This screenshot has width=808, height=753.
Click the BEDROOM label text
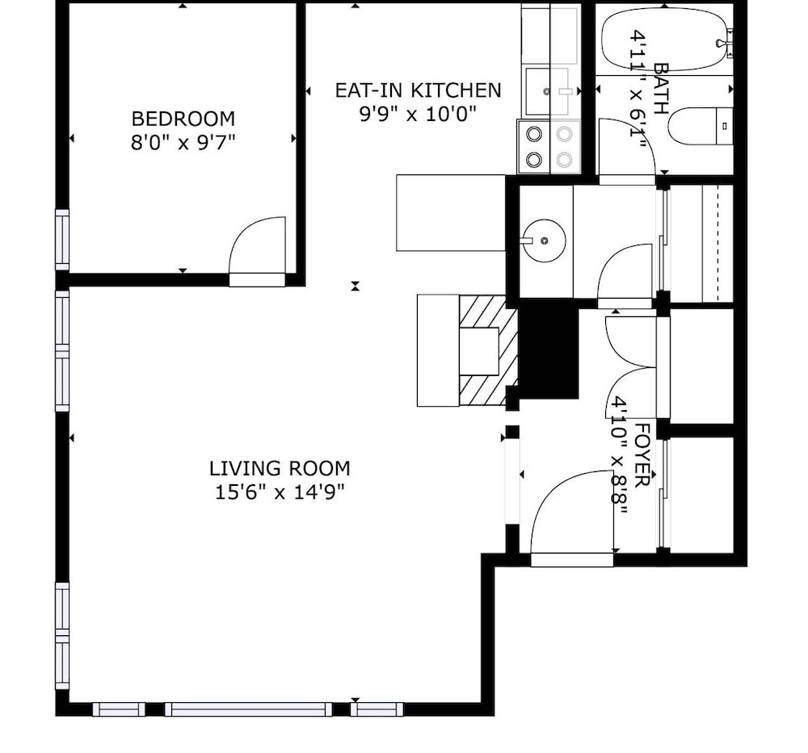pyautogui.click(x=183, y=119)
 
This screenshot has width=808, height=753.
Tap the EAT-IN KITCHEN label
pyautogui.click(x=418, y=90)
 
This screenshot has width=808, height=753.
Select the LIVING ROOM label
pyautogui.click(x=280, y=469)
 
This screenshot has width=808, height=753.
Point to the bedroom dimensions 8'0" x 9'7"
pyautogui.click(x=183, y=142)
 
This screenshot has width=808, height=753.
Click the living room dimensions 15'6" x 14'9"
pyautogui.click(x=280, y=492)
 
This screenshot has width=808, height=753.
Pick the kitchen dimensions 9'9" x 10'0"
pyautogui.click(x=418, y=114)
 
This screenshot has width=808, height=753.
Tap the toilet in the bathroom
pyautogui.click(x=701, y=126)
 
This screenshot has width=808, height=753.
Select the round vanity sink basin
pyautogui.click(x=544, y=241)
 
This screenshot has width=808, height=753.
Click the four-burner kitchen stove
pyautogui.click(x=549, y=147)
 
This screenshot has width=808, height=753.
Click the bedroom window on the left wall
pyautogui.click(x=62, y=240)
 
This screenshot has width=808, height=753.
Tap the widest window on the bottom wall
pyautogui.click(x=249, y=709)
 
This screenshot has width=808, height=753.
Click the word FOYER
pyautogui.click(x=643, y=455)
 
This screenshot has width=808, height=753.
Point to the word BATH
pyautogui.click(x=661, y=89)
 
